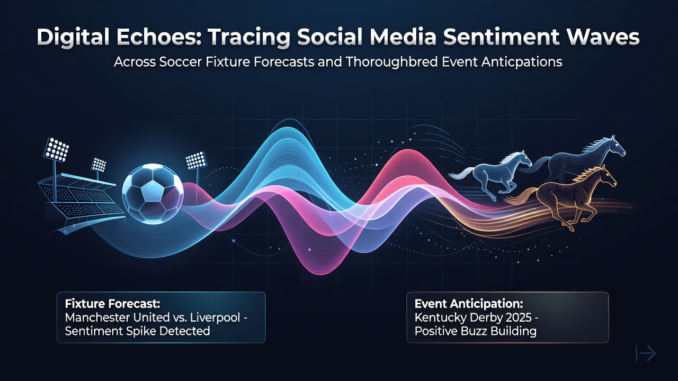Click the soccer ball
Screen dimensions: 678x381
tap(153, 194)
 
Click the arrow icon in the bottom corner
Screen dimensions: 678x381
tap(646, 353)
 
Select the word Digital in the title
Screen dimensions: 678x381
tap(73, 37)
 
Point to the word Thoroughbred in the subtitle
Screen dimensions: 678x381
tap(391, 62)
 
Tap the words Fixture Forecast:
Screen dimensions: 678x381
tap(113, 303)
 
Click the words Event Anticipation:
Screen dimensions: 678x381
tap(469, 303)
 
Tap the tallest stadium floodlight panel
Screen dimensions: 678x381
tap(56, 149)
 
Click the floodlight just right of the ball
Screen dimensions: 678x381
tap(196, 160)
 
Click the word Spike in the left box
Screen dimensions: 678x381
tap(141, 331)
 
